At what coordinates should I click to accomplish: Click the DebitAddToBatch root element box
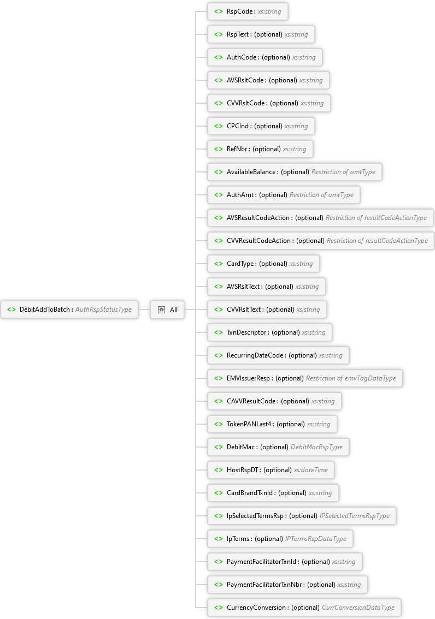click(x=69, y=309)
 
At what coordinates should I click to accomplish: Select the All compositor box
click(x=167, y=309)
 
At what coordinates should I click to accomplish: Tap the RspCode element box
click(x=248, y=11)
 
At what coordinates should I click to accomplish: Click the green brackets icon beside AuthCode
click(x=219, y=57)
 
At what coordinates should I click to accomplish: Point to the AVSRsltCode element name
click(x=245, y=80)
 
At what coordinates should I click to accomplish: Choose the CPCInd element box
click(x=261, y=126)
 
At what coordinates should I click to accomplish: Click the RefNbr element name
click(x=237, y=149)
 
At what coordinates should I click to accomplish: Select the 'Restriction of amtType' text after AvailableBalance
click(x=343, y=172)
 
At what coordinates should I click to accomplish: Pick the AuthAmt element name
click(x=240, y=195)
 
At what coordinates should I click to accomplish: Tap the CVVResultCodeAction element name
click(x=258, y=240)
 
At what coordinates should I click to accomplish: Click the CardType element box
click(x=263, y=263)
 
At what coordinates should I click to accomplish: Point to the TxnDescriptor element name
click(x=246, y=332)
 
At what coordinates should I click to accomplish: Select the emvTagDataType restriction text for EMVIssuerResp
click(x=351, y=378)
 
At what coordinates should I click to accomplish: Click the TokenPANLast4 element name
click(x=249, y=424)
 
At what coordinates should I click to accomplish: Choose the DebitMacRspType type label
click(x=316, y=447)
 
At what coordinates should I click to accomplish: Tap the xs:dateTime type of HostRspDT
click(x=310, y=470)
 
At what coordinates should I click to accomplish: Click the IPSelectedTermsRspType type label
click(x=355, y=516)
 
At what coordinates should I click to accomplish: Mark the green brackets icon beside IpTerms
click(x=219, y=539)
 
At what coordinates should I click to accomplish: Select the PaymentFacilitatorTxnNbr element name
click(x=264, y=585)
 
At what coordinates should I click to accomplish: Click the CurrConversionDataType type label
click(x=358, y=608)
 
